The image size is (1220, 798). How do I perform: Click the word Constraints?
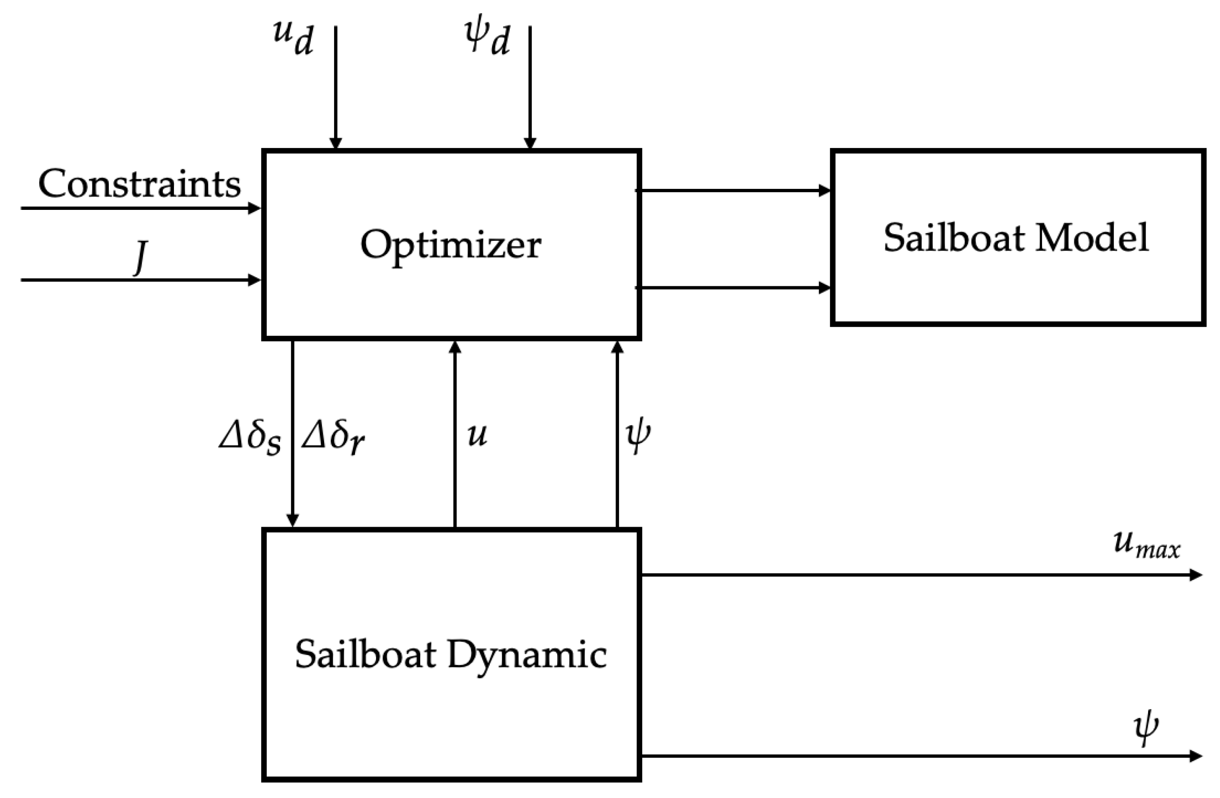(x=139, y=183)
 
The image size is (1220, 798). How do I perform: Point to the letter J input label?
(x=140, y=258)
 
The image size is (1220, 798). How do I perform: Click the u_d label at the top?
(x=293, y=38)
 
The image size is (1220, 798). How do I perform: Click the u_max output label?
(x=1146, y=545)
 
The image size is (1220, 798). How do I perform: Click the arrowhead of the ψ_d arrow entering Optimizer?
(x=530, y=143)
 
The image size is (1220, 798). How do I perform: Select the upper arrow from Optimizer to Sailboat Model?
(x=733, y=191)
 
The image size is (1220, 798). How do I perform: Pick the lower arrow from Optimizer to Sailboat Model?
(x=733, y=288)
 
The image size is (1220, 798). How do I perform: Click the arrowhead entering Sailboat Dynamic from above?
(x=292, y=520)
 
